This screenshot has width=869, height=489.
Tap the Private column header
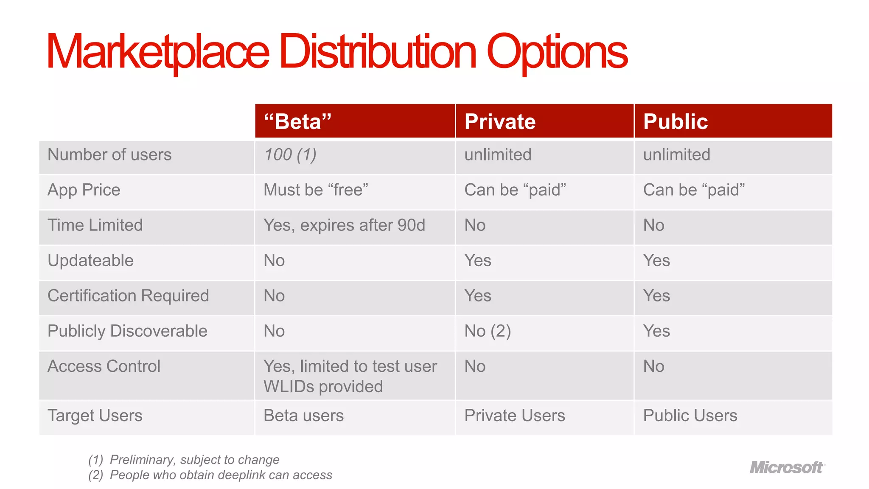(500, 121)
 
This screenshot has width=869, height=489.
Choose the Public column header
(676, 121)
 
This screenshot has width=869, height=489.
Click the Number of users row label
(109, 155)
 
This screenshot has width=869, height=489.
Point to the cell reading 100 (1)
(290, 155)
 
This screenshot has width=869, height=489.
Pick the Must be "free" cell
(316, 190)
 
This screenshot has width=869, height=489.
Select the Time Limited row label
(95, 225)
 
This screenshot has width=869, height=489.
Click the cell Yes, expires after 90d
(344, 225)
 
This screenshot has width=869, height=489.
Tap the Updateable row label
(90, 260)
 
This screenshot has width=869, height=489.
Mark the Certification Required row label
(128, 295)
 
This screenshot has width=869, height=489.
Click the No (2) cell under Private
(488, 331)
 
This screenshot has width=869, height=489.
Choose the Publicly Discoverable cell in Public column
(656, 331)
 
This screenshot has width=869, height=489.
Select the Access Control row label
(104, 366)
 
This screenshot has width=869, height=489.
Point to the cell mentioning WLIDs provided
(323, 386)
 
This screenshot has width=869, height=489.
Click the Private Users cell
(515, 415)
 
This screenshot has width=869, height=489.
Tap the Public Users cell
(690, 415)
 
